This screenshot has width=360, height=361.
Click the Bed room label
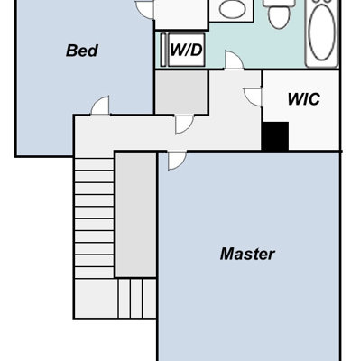82,51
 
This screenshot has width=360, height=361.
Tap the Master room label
247,254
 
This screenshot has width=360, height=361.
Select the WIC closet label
304,99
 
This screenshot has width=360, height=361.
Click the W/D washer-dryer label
186,50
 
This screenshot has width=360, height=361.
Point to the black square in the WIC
275,136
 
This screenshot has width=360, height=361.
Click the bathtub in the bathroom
322,33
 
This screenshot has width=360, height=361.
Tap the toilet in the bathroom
280,14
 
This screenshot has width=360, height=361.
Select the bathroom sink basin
232,9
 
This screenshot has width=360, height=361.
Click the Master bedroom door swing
177,161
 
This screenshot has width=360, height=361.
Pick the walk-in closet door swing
253,97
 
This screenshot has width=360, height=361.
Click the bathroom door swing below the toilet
234,60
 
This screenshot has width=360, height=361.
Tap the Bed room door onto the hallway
100,106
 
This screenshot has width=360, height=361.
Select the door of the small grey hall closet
184,125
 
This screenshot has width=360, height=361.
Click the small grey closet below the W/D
181,92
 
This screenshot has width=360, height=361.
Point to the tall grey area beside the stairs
136,215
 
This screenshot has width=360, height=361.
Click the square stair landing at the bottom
96,298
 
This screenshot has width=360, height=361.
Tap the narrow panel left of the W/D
163,50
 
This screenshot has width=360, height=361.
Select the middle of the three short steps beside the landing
136,298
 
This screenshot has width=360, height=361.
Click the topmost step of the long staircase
94,164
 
